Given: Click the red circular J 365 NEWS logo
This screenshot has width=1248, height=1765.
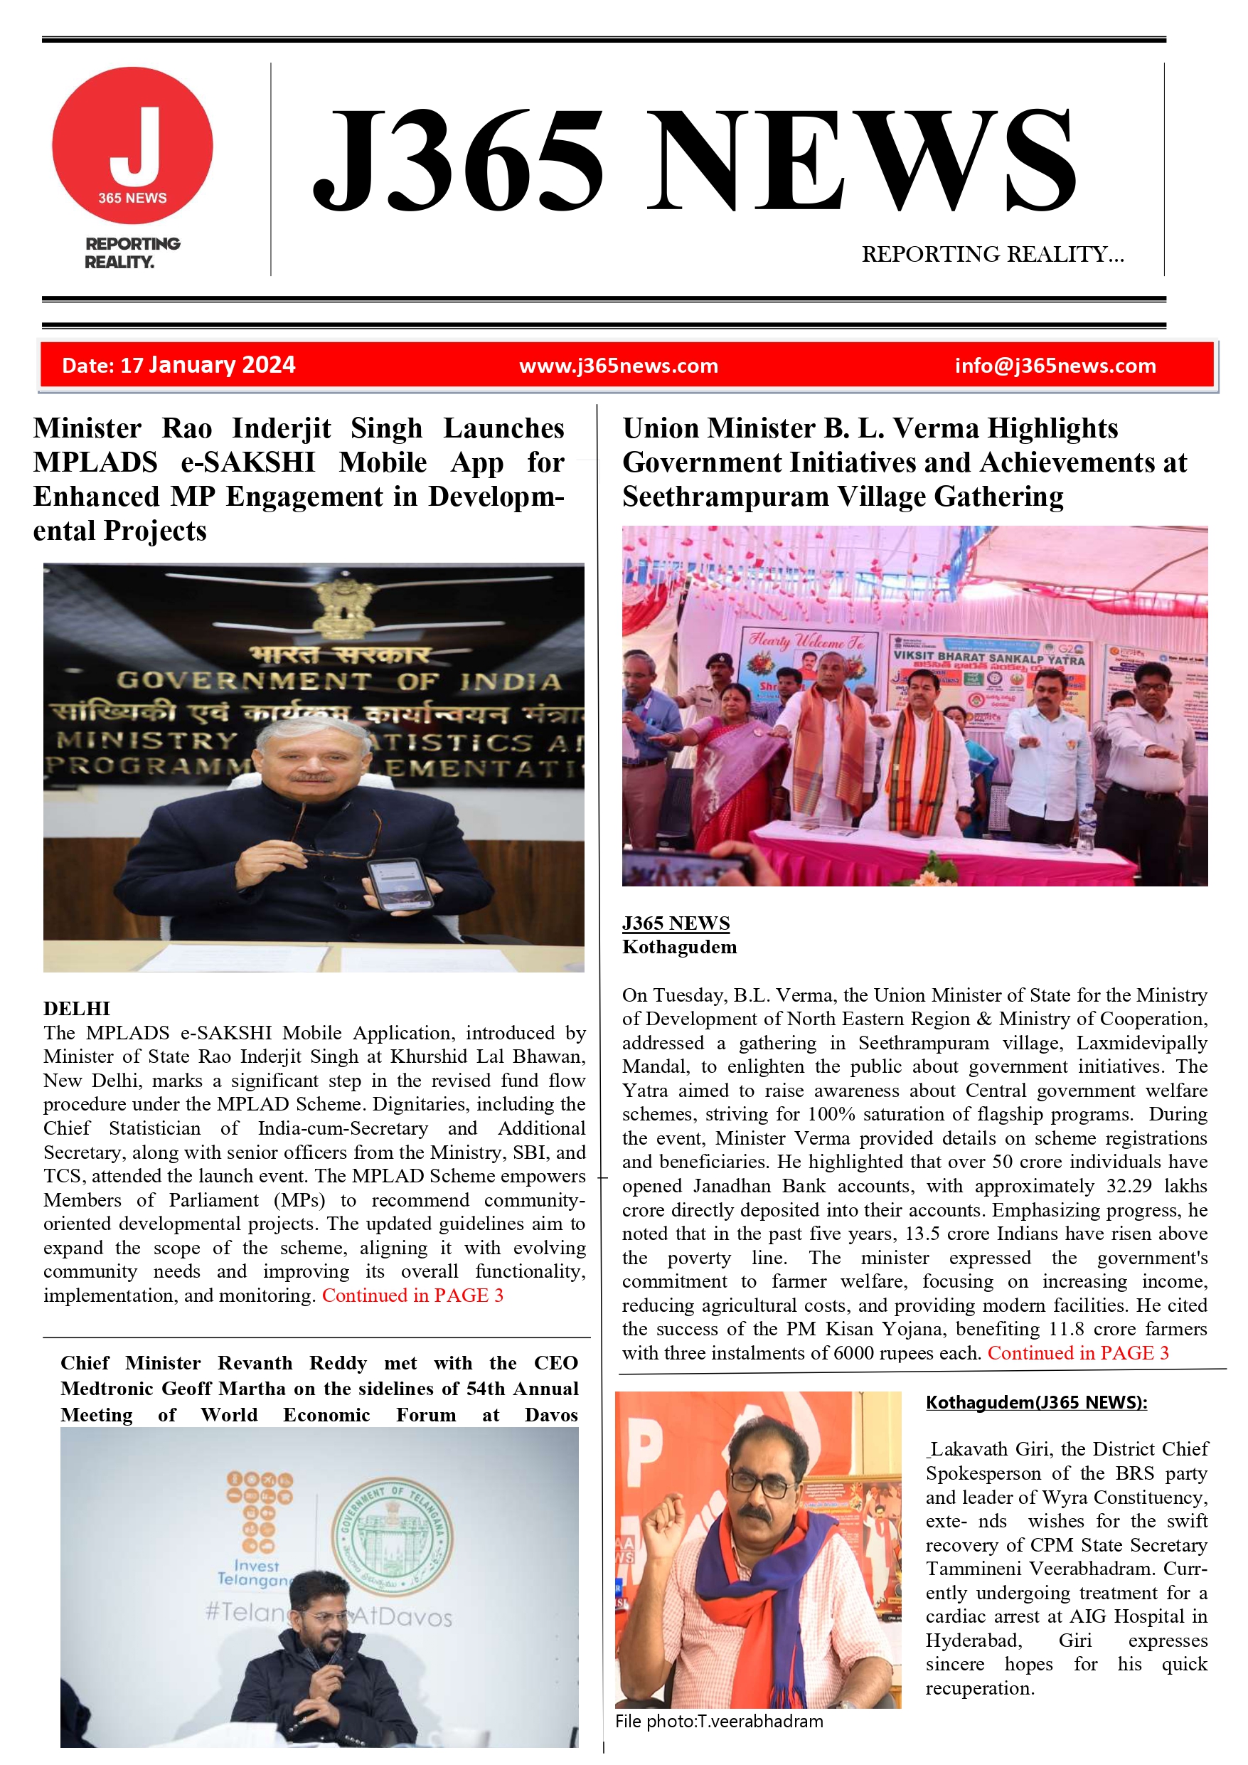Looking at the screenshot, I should pyautogui.click(x=132, y=146).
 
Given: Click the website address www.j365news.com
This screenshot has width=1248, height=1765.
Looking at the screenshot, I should pyautogui.click(x=619, y=366).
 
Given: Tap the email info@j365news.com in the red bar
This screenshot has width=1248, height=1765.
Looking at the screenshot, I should pyautogui.click(x=1055, y=366).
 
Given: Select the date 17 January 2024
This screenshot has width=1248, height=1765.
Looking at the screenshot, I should pyautogui.click(x=178, y=365).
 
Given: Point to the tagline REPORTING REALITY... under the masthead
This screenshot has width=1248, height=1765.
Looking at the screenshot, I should pyautogui.click(x=992, y=255).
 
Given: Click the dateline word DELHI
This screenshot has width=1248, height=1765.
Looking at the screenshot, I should pyautogui.click(x=77, y=1009).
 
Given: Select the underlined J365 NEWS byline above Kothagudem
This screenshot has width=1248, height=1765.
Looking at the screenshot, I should pyautogui.click(x=676, y=923).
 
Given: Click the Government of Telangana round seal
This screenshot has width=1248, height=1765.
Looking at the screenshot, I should pyautogui.click(x=392, y=1535).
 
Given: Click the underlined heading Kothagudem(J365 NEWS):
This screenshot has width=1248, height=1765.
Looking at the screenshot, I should pyautogui.click(x=1036, y=1402).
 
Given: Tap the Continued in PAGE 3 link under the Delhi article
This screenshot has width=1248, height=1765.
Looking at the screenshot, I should pyautogui.click(x=412, y=1296).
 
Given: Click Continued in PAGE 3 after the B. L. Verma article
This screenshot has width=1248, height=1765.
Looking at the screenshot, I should pyautogui.click(x=1077, y=1354).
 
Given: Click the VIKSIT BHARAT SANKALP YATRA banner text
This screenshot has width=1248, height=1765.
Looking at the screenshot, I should pyautogui.click(x=988, y=658).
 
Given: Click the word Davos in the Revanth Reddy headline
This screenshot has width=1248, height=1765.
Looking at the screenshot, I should pyautogui.click(x=551, y=1415).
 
